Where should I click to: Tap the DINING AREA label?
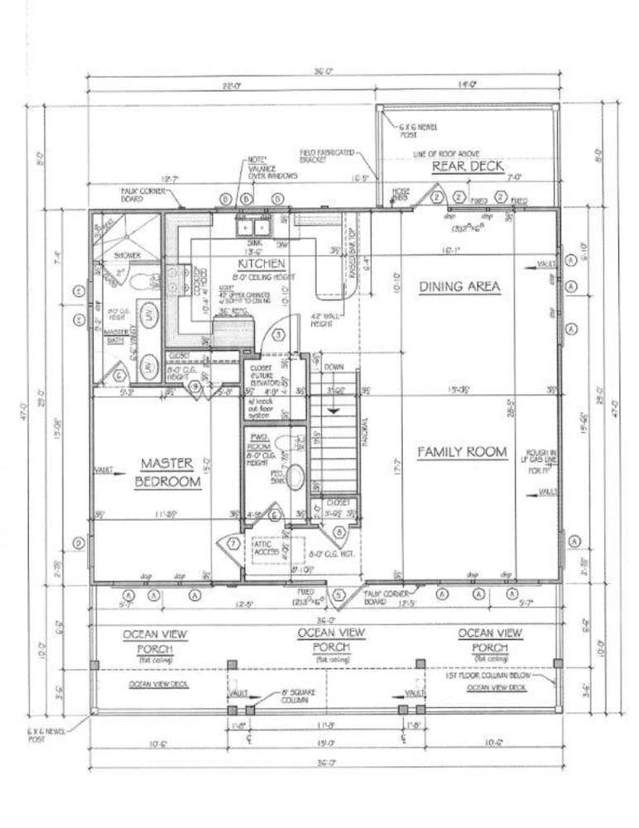click(460, 286)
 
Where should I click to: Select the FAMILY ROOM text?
click(461, 452)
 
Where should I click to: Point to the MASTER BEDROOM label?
click(168, 473)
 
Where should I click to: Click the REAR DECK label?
click(468, 166)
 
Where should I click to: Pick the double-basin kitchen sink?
click(252, 224)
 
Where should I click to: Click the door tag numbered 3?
click(279, 335)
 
